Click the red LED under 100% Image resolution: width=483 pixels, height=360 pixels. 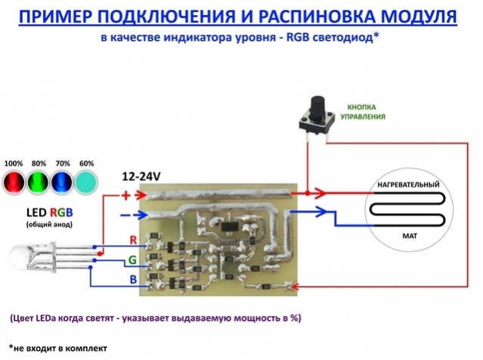click(14, 182)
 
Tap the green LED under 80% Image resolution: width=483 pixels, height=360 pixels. click(37, 182)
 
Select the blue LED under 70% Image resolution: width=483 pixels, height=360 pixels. click(62, 182)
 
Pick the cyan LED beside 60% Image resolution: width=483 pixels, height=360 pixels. click(86, 182)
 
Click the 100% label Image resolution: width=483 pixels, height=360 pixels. click(13, 163)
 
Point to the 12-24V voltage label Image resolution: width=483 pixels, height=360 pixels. click(141, 177)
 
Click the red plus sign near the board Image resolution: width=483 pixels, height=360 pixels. click(126, 197)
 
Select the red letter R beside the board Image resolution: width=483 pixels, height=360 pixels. click(133, 241)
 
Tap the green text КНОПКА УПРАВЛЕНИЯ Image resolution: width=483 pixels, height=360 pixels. click(366, 113)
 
